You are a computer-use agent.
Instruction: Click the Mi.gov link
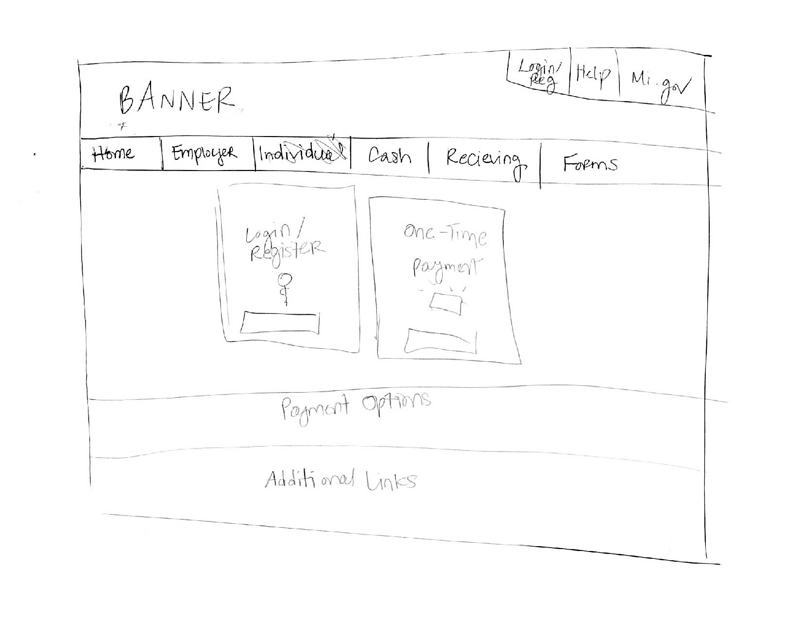point(660,85)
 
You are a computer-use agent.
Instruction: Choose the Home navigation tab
point(113,154)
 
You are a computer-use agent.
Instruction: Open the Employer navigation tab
point(204,153)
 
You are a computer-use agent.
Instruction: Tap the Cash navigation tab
point(389,156)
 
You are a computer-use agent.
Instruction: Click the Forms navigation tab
point(590,164)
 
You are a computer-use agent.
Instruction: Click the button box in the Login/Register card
point(281,323)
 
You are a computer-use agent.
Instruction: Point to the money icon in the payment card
point(445,301)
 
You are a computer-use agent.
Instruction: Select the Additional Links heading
point(340,480)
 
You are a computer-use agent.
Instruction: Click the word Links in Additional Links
point(391,481)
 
